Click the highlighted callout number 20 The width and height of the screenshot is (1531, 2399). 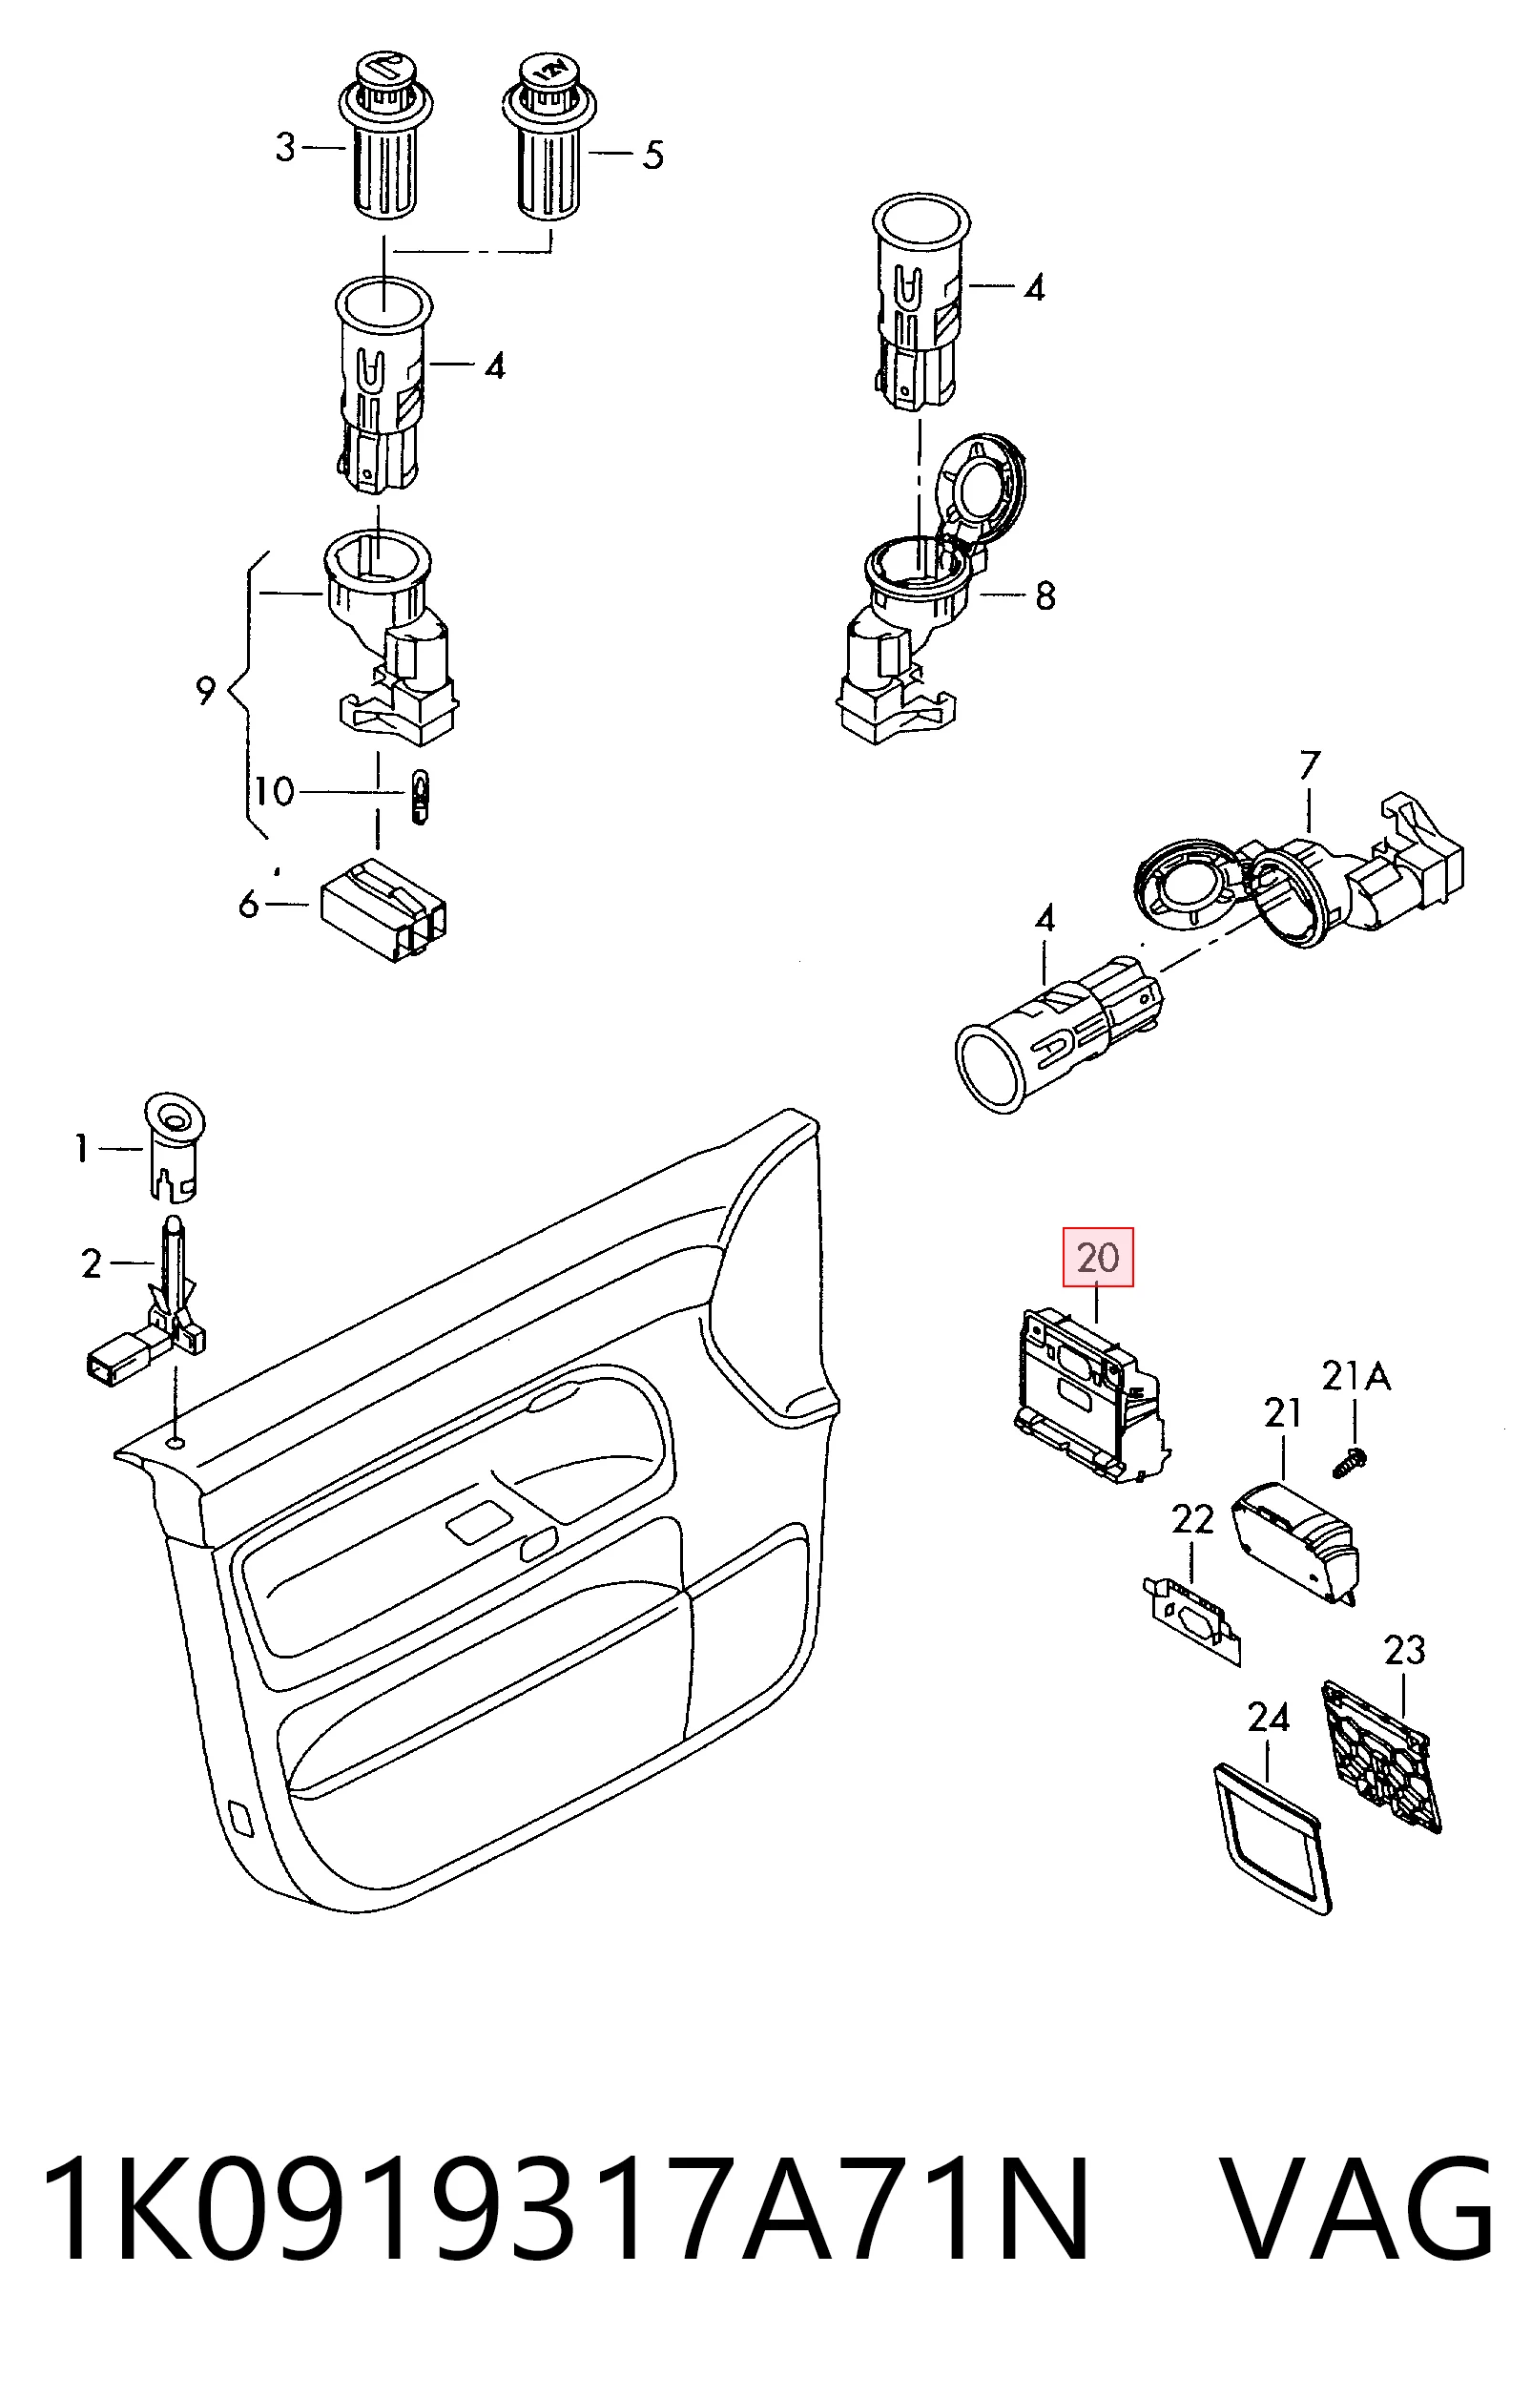[x=1099, y=1258]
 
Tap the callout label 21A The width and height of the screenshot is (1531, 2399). [x=1355, y=1377]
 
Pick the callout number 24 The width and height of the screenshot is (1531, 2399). [x=1268, y=1718]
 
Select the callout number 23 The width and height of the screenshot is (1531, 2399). [x=1404, y=1651]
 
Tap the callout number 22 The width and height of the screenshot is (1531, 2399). [x=1192, y=1520]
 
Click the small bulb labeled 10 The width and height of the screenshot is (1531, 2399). [x=420, y=795]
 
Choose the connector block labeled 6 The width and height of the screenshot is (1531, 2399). [x=383, y=910]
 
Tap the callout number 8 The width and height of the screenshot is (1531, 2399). [x=1045, y=595]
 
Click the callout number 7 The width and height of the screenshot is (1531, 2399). [x=1309, y=765]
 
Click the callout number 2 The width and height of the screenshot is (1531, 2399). [x=92, y=1265]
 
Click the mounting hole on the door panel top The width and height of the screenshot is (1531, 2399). [x=176, y=1444]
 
